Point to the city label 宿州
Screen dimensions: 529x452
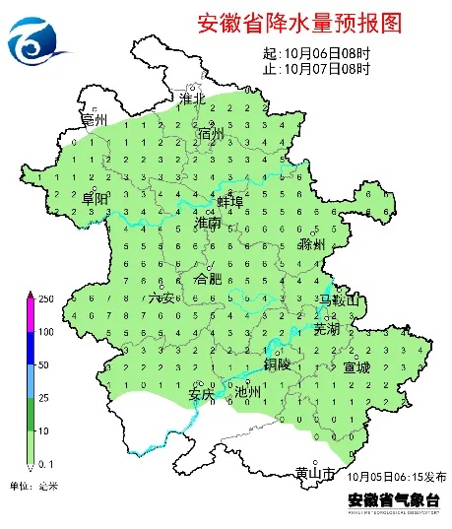(211, 134)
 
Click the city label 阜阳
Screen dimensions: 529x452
(97, 198)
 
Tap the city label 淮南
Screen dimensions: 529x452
(209, 225)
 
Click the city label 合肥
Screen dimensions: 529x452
(210, 280)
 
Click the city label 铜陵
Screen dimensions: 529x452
(278, 364)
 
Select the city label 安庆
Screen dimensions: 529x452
(201, 394)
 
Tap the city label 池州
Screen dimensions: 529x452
(249, 392)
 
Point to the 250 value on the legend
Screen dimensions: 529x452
(45, 298)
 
